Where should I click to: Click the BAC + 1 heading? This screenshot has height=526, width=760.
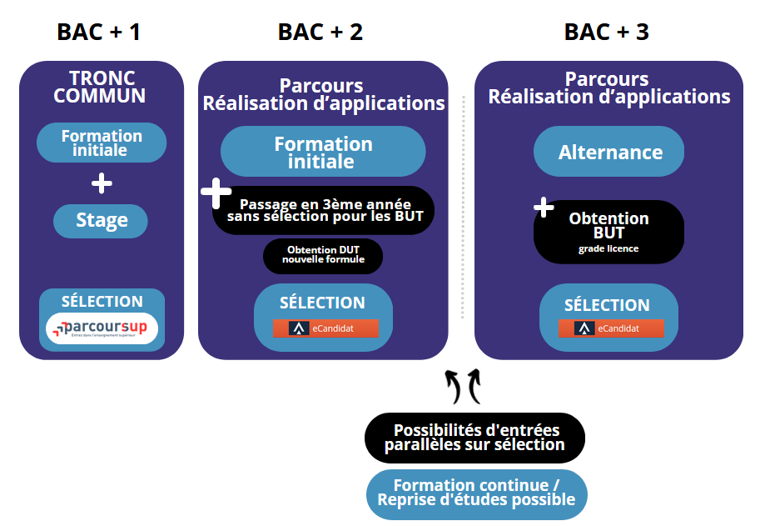pyautogui.click(x=98, y=33)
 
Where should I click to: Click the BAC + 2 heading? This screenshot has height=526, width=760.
pyautogui.click(x=320, y=33)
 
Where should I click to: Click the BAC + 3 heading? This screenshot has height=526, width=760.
pyautogui.click(x=607, y=33)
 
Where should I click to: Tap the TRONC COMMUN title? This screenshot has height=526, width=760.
pyautogui.click(x=100, y=87)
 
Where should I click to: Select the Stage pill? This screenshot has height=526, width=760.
pyautogui.click(x=101, y=221)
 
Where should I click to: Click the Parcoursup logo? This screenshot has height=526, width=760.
pyautogui.click(x=101, y=328)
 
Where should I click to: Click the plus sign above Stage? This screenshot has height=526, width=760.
pyautogui.click(x=101, y=183)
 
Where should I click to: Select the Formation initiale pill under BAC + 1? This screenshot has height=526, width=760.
pyautogui.click(x=101, y=143)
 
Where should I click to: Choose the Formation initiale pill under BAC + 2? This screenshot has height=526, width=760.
pyautogui.click(x=323, y=153)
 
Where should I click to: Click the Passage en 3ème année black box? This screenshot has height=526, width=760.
pyautogui.click(x=325, y=209)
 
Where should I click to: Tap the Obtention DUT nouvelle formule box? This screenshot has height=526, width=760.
pyautogui.click(x=323, y=254)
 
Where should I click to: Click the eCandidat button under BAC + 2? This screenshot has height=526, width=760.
pyautogui.click(x=325, y=328)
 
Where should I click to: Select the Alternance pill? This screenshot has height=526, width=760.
pyautogui.click(x=609, y=153)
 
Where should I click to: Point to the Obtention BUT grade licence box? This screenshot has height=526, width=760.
pyautogui.click(x=608, y=231)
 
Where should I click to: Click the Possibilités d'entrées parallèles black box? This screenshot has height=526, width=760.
pyautogui.click(x=475, y=437)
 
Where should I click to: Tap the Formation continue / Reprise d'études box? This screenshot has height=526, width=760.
pyautogui.click(x=476, y=493)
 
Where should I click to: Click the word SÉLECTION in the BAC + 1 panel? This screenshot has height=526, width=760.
pyautogui.click(x=102, y=302)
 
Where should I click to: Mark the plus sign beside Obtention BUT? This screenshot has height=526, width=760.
pyautogui.click(x=544, y=207)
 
